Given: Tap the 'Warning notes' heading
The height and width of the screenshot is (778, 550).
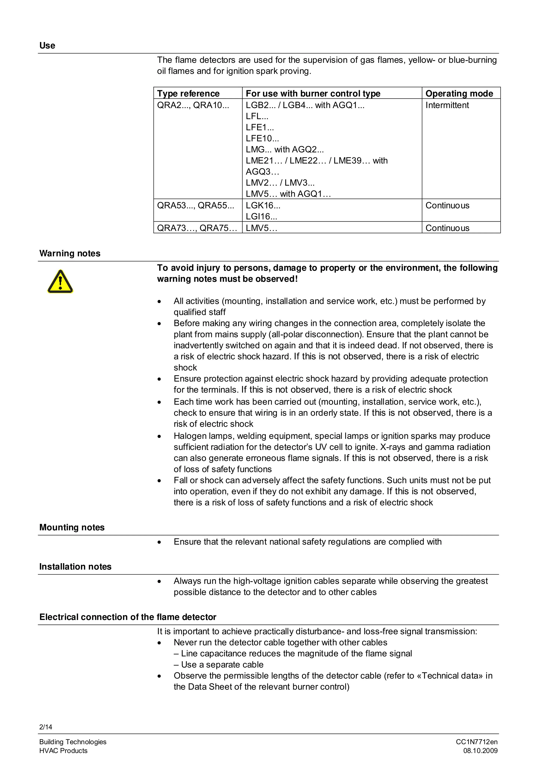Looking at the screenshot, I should (x=70, y=254).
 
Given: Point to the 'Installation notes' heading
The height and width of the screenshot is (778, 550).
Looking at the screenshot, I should (x=75, y=567).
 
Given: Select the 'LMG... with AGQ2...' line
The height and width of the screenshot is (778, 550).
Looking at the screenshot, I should (x=285, y=149).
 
